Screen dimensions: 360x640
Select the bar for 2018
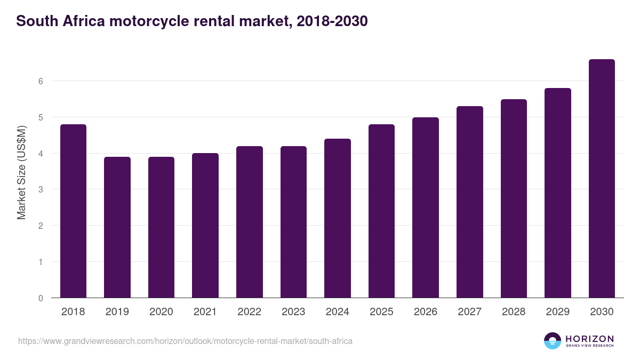coord(73,211)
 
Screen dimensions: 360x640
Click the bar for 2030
coord(602,179)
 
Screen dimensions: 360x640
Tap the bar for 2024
coord(338,218)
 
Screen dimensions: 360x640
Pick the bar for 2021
coord(205,226)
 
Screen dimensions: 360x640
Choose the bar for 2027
coord(470,202)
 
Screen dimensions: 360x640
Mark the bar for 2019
coord(117,227)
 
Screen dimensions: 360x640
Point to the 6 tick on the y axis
coord(40,81)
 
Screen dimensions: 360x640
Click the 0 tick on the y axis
coord(40,298)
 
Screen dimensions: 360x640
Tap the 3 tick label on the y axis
coord(40,189)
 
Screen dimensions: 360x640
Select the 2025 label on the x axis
coord(381,312)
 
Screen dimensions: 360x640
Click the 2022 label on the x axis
coord(249,312)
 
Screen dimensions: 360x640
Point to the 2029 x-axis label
coord(557,312)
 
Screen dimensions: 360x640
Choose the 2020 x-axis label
coord(161,312)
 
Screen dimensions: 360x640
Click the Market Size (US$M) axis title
coord(21,172)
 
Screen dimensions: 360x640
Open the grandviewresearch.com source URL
coord(185,341)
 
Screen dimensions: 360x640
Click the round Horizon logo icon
coord(553,341)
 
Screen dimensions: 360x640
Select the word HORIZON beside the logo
coord(589,339)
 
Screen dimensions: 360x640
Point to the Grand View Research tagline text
coord(589,346)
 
